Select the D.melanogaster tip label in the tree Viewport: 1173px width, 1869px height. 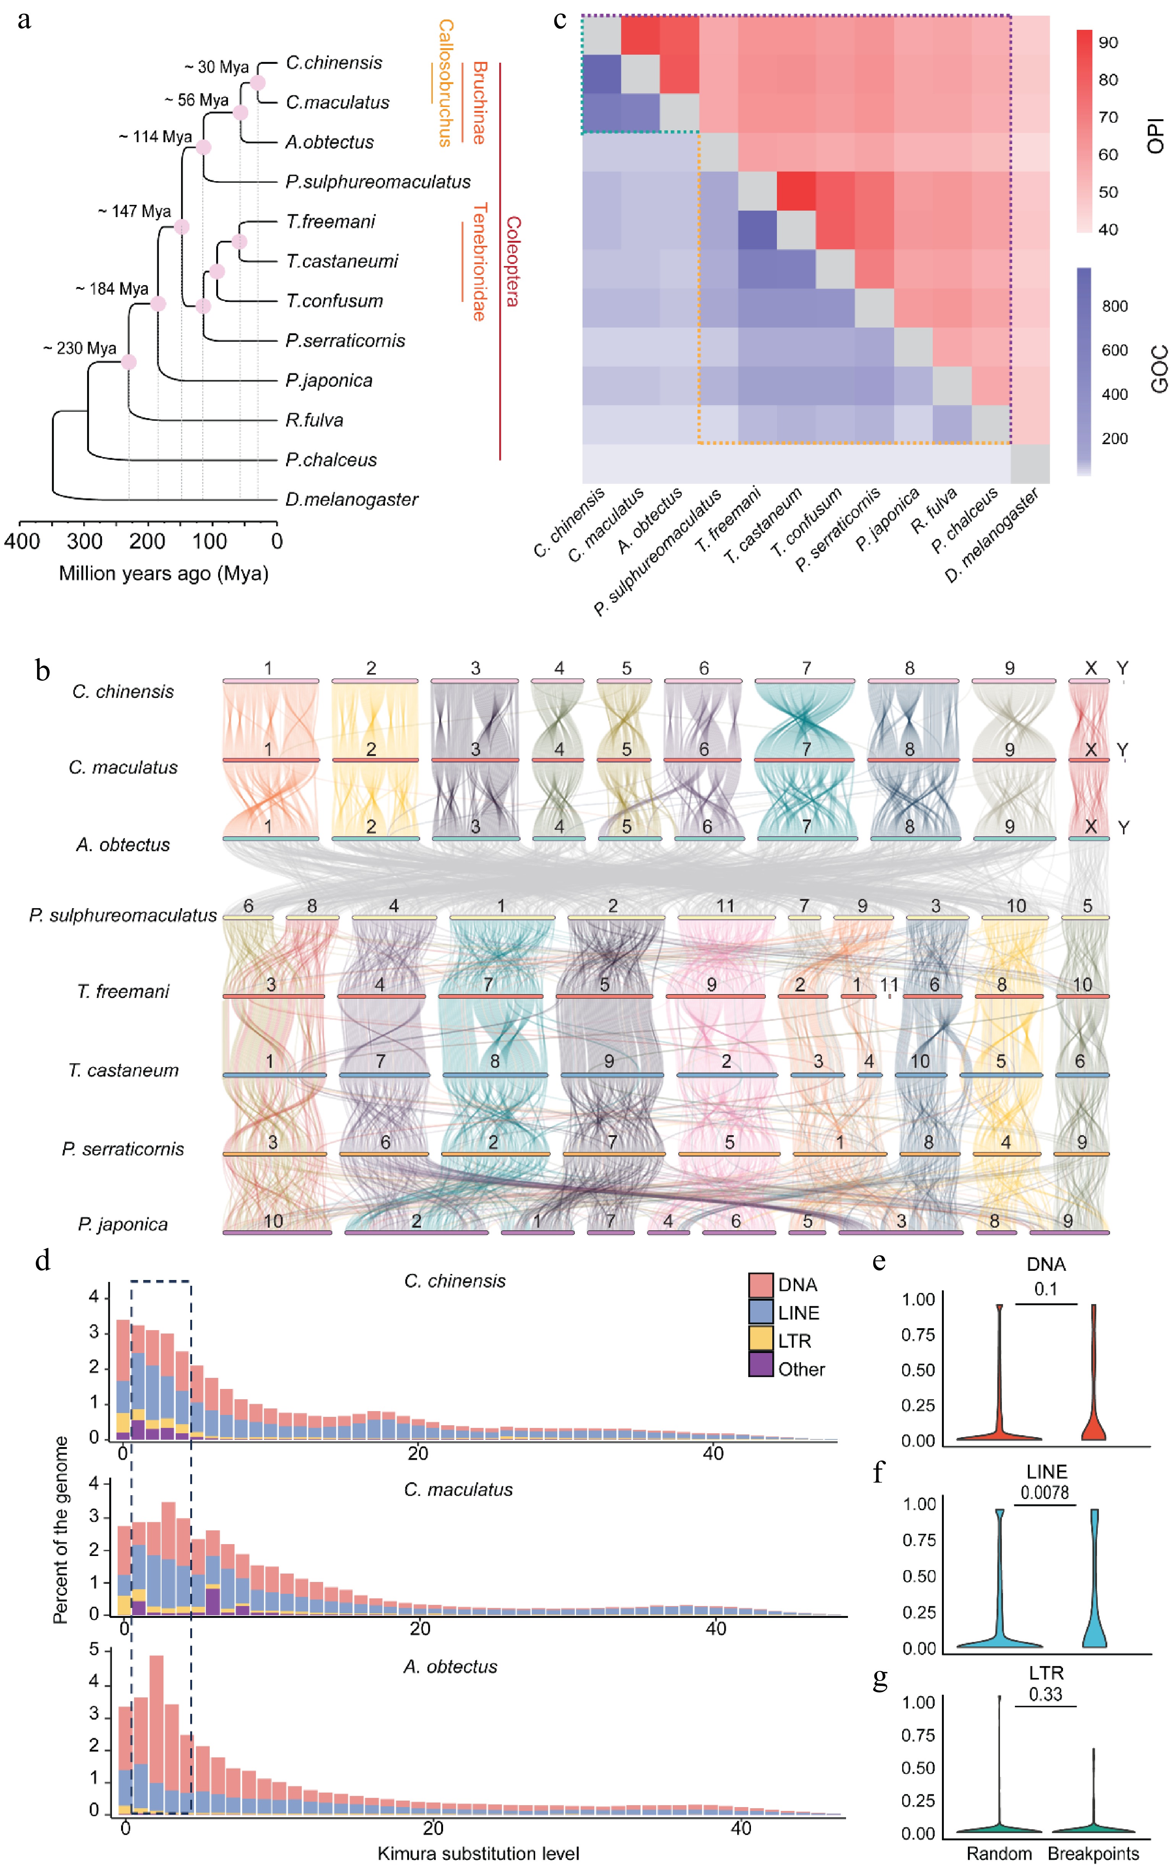(351, 499)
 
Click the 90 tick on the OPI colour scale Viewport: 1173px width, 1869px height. (1108, 43)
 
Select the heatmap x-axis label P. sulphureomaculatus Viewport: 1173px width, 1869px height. (658, 553)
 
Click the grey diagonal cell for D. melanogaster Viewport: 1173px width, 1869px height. (1029, 463)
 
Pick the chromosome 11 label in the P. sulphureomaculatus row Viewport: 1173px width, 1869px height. (725, 906)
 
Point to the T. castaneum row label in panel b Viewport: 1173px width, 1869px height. (123, 1070)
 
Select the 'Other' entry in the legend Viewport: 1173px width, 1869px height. (801, 1369)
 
